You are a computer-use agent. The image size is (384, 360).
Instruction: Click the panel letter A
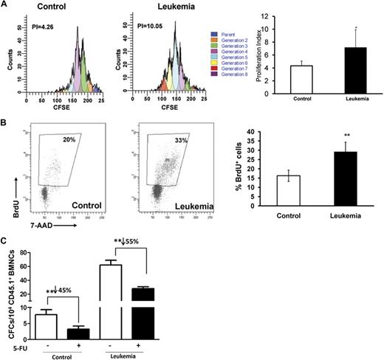5,5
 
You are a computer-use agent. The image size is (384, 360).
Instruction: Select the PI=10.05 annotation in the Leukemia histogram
138,30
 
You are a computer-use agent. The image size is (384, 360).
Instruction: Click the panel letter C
5,238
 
